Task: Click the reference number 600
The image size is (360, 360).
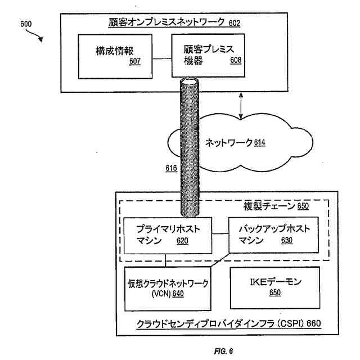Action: click(26, 24)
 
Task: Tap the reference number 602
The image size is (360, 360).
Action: click(234, 23)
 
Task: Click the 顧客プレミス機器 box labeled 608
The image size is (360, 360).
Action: click(208, 56)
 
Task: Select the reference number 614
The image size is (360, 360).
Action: click(259, 142)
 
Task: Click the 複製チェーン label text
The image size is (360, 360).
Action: click(269, 206)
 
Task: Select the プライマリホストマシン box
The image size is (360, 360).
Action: click(168, 235)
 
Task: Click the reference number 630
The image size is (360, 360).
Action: click(287, 241)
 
